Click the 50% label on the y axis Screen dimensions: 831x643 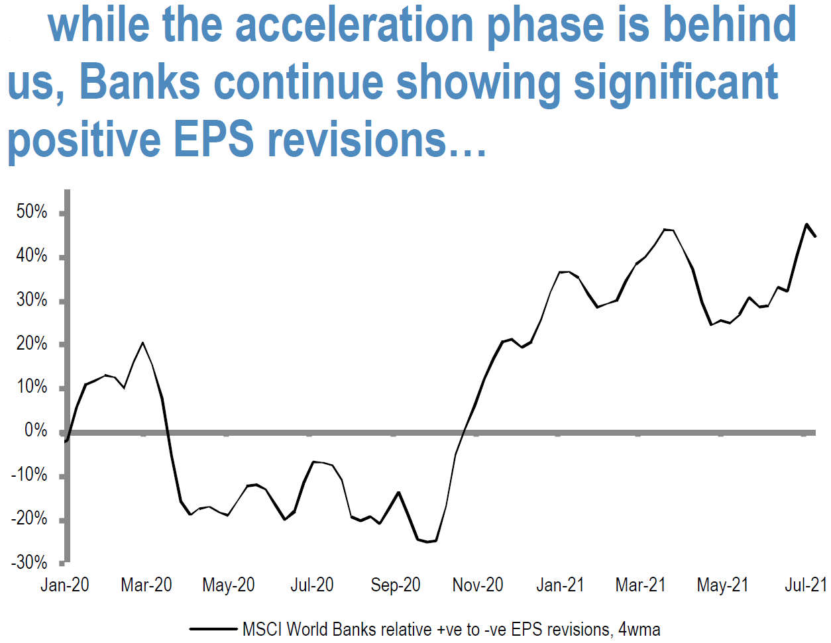pos(31,211)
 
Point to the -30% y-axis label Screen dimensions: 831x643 pos(29,562)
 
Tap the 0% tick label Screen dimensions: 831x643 pos(36,430)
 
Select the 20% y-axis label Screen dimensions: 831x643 pos(31,344)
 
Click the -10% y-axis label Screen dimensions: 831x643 pos(29,475)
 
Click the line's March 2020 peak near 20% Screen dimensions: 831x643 pos(142,343)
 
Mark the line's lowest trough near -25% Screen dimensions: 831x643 pos(427,542)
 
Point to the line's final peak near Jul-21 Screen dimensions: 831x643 pos(806,224)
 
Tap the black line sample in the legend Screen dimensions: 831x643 pos(213,629)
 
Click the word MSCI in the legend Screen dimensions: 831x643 pos(262,629)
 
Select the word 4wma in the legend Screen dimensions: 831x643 pos(639,629)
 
